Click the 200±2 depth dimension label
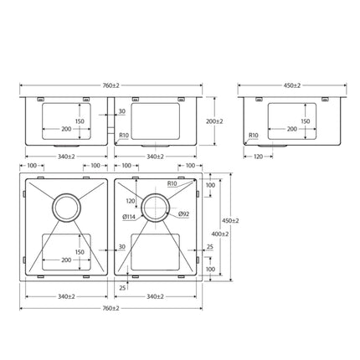click(x=214, y=122)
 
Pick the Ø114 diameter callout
click(x=129, y=218)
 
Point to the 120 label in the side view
click(x=259, y=156)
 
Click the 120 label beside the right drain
click(x=130, y=201)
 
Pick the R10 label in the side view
click(x=253, y=135)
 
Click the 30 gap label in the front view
click(x=122, y=111)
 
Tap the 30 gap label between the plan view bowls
click(x=122, y=247)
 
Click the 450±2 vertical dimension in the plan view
click(x=235, y=221)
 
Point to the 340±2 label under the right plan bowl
click(x=154, y=296)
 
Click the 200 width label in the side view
click(x=291, y=130)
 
